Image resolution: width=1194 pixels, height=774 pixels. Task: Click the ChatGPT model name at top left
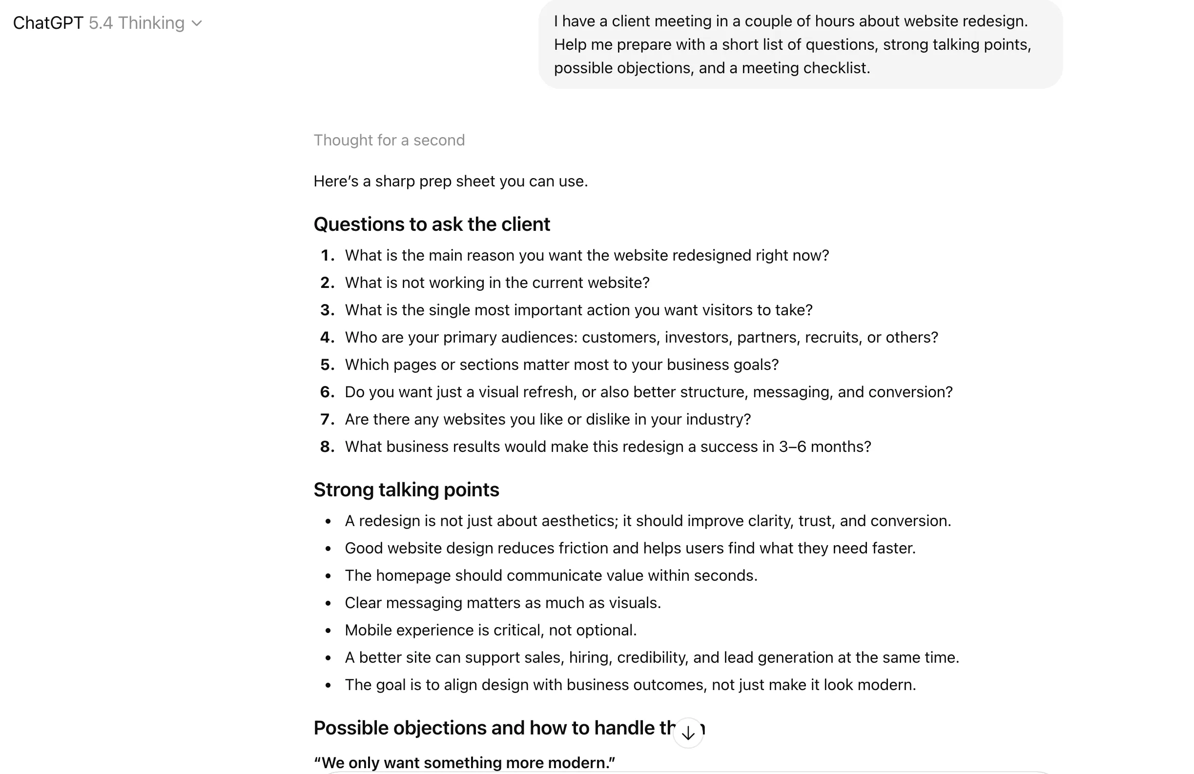pos(48,23)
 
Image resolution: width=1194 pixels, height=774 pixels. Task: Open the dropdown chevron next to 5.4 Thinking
pos(197,23)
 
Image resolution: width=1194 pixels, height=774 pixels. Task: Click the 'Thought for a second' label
pos(389,140)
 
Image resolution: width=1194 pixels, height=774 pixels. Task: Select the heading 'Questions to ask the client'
pos(432,224)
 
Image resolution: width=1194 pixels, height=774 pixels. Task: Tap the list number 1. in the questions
pos(327,255)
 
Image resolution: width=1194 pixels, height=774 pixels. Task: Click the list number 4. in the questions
pos(327,337)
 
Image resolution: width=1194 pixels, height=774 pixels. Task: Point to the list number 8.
pos(327,447)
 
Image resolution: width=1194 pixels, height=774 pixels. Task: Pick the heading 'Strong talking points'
pos(406,489)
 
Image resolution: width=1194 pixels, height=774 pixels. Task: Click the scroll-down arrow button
pos(688,733)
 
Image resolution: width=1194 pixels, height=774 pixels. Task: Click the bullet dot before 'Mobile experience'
pos(328,631)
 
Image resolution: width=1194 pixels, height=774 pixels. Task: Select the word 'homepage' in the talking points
pos(413,575)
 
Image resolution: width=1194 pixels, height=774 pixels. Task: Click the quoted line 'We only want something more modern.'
pos(464,762)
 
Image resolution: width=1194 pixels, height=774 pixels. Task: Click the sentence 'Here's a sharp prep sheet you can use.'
pos(450,181)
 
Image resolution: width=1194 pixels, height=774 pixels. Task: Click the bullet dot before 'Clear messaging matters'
pos(328,603)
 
